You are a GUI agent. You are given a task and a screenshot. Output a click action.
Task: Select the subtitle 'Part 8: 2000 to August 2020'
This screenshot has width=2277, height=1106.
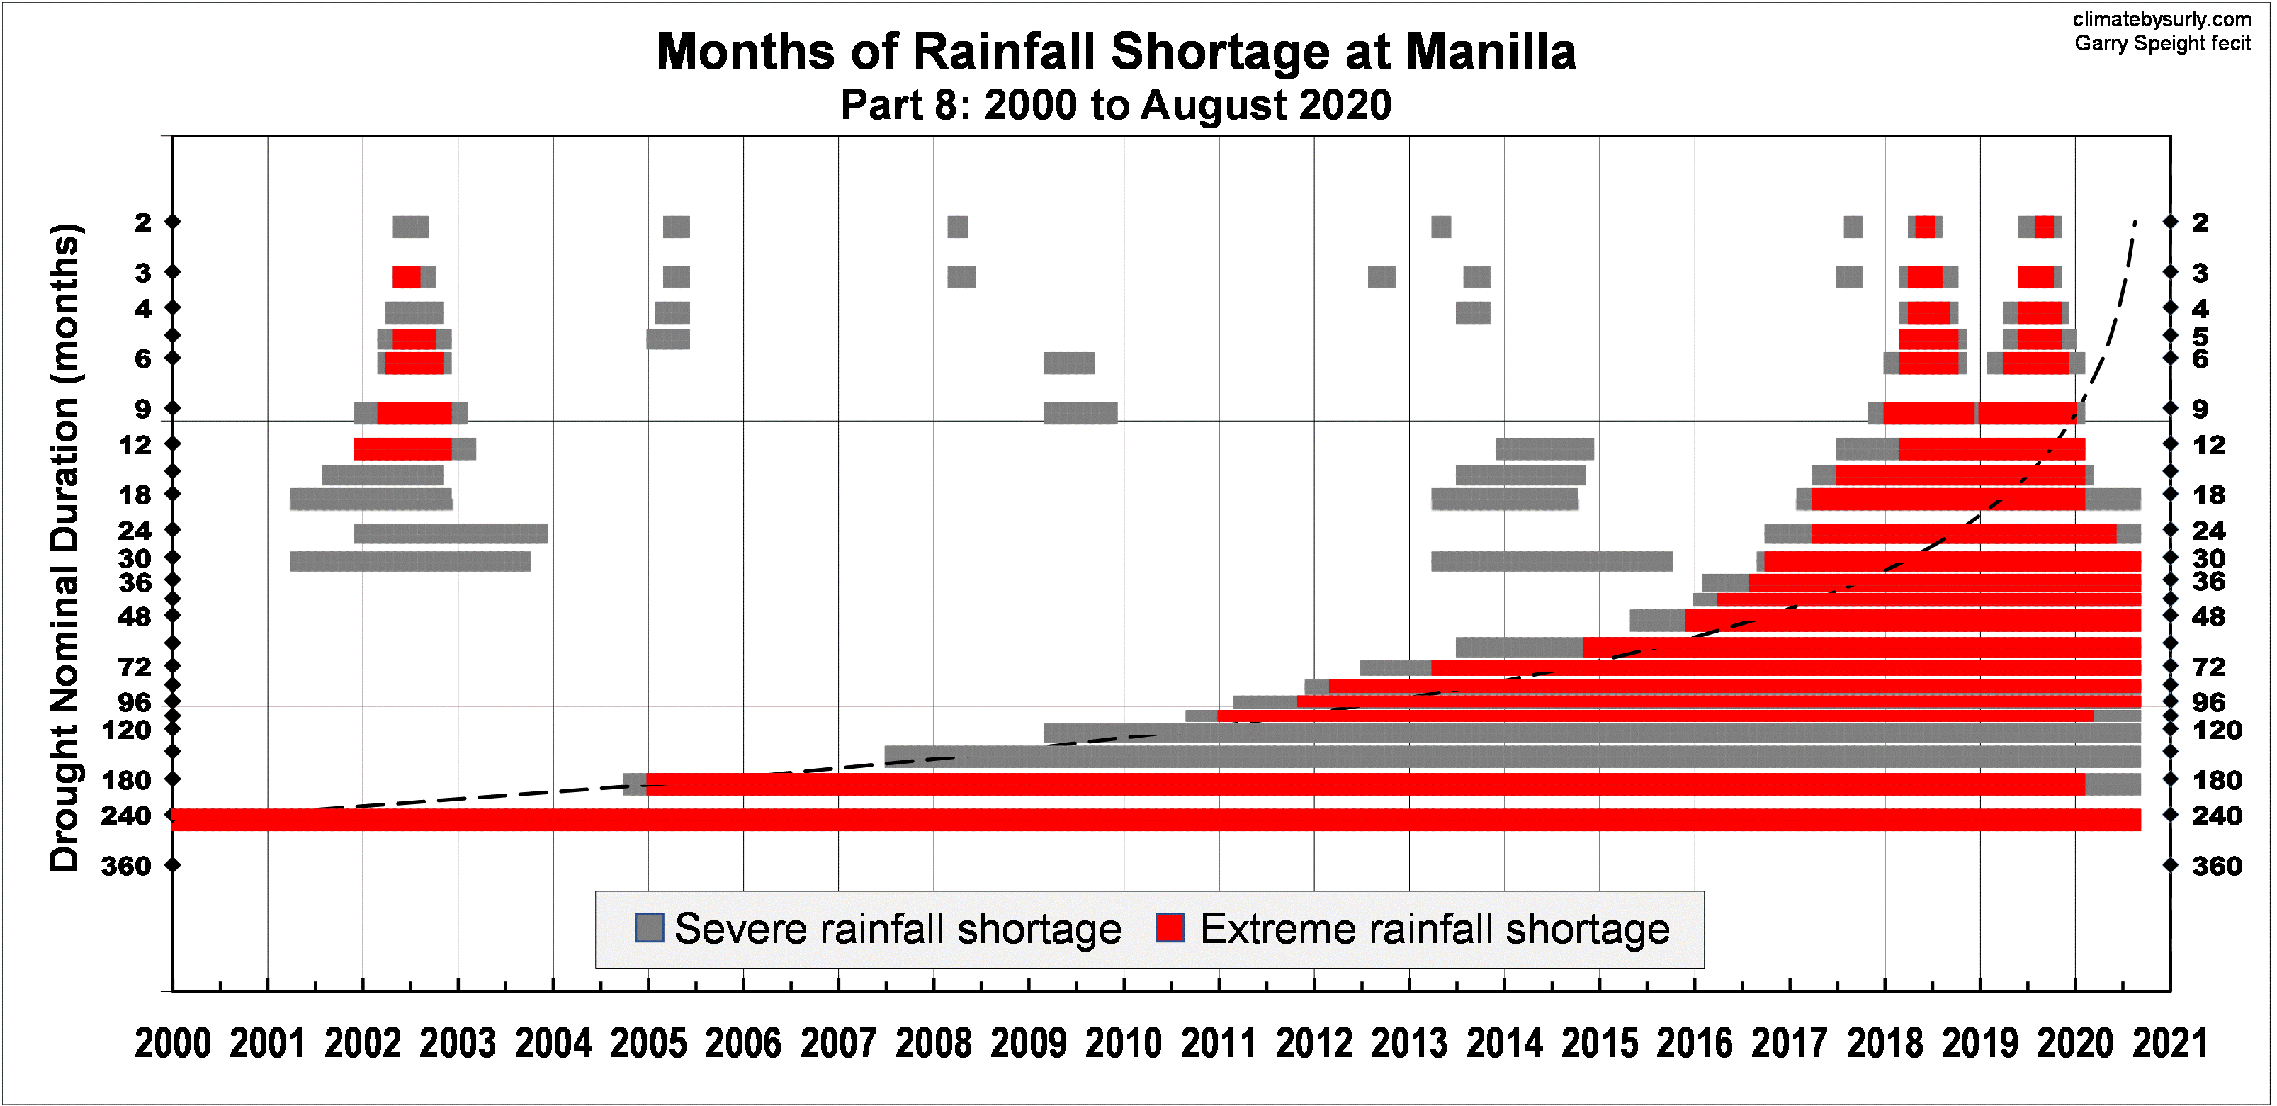point(1116,105)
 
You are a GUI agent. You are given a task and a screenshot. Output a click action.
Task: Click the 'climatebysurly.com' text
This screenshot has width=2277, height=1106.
point(2162,19)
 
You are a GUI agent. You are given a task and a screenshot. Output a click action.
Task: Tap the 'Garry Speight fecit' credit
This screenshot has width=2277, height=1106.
point(2162,43)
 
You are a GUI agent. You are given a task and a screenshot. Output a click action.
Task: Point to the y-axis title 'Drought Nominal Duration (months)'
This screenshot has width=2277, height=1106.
point(64,548)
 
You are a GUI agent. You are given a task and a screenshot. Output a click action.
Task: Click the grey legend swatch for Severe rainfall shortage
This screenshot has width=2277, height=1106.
point(650,928)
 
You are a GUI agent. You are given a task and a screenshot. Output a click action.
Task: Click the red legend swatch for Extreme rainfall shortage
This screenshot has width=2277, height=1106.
point(1170,928)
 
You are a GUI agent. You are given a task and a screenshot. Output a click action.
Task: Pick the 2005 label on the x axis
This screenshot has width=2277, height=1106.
point(648,1044)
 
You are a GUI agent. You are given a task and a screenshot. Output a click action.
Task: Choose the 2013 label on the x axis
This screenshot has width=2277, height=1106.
point(1409,1044)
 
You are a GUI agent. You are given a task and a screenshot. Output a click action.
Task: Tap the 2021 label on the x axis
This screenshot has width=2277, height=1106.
point(2170,1044)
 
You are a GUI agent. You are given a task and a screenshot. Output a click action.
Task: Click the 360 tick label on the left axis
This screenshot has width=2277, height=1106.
point(125,867)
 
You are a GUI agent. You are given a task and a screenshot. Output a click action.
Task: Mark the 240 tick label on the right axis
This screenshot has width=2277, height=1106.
point(2216,816)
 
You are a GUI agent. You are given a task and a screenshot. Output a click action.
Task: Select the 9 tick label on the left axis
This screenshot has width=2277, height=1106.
point(142,410)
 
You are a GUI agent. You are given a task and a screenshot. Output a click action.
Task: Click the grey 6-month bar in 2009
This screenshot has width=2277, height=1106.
point(1068,363)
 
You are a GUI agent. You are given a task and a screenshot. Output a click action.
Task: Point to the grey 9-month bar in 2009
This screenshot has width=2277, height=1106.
point(1080,413)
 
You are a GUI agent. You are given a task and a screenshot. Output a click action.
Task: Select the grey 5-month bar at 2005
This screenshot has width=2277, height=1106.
point(668,339)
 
